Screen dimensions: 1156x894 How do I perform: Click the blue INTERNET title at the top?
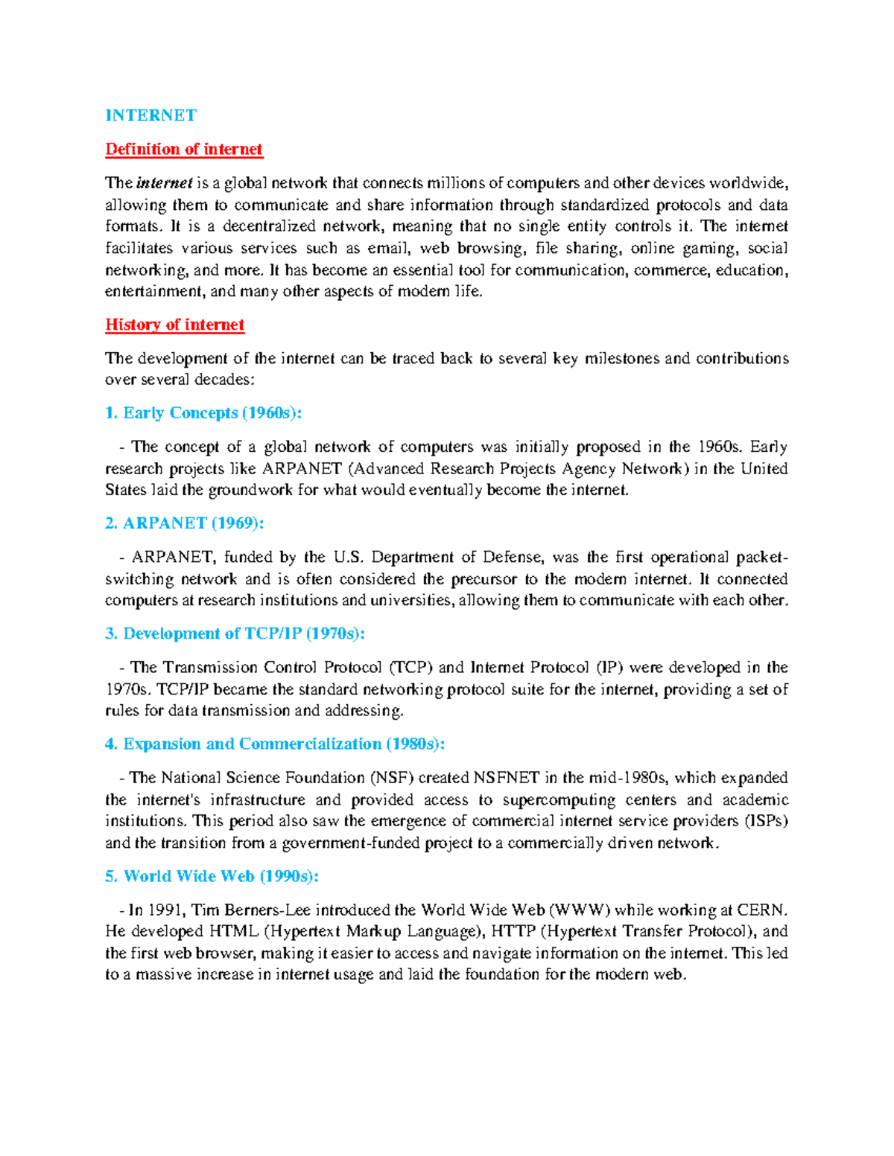click(x=150, y=115)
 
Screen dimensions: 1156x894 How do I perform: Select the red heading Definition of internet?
click(x=183, y=149)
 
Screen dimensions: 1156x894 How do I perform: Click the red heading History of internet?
click(x=174, y=325)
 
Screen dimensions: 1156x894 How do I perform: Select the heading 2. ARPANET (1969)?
click(x=185, y=523)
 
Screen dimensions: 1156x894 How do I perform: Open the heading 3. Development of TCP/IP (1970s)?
click(x=235, y=633)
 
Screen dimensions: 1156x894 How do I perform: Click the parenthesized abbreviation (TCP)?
click(x=410, y=668)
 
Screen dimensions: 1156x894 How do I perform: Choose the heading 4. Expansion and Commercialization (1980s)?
click(x=275, y=744)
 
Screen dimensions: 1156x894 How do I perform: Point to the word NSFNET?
click(x=506, y=778)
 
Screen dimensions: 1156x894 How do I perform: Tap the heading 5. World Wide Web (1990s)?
click(x=212, y=876)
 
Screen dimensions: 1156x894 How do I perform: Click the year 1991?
click(x=165, y=910)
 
